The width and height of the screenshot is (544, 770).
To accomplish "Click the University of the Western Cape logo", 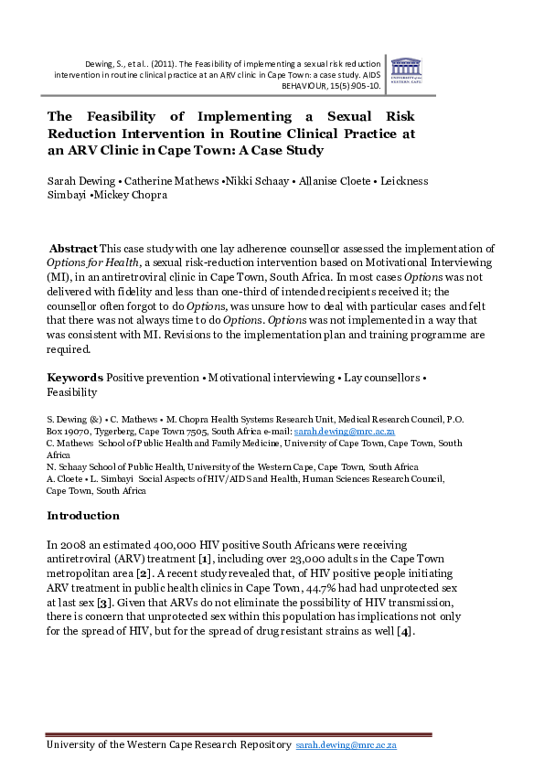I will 405,70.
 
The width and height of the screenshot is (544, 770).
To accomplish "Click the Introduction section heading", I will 90,516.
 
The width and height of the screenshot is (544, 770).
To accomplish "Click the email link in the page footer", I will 347,746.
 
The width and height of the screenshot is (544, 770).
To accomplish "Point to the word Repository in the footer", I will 258,746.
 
